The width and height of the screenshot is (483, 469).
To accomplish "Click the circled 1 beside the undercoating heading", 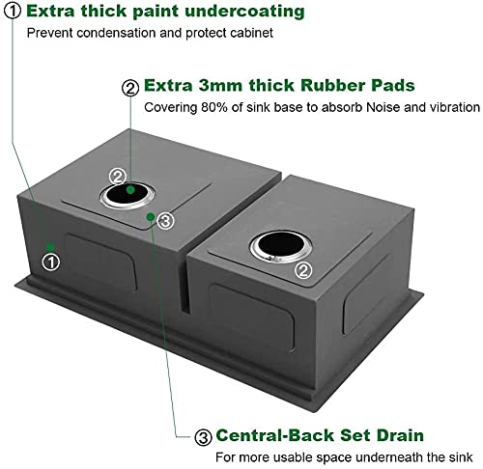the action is [x=13, y=11].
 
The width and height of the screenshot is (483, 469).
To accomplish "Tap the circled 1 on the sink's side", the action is [x=51, y=262].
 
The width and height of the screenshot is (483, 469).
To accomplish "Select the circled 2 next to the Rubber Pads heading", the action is [x=130, y=88].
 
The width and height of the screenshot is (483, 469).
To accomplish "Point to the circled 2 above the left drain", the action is [x=117, y=177].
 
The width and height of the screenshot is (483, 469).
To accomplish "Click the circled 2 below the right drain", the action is [x=303, y=270].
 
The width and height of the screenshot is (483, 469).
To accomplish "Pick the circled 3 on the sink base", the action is [x=165, y=221].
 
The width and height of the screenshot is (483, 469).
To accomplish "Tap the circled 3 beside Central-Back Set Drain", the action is [x=203, y=437].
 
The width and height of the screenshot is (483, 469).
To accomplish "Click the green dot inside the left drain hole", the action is [x=130, y=190].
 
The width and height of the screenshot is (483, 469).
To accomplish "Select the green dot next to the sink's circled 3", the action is [x=151, y=217].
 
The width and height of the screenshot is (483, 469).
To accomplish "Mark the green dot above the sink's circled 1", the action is [x=50, y=247].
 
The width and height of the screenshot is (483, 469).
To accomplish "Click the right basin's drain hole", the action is [x=280, y=245].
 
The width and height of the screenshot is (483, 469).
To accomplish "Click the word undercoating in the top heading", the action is [x=244, y=12].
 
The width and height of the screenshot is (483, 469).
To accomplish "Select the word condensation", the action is [x=116, y=33].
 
